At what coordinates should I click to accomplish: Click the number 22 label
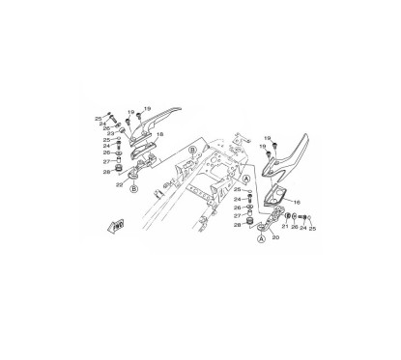click(119, 181)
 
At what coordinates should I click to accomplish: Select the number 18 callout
click(159, 134)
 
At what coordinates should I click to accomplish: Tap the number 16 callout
click(297, 204)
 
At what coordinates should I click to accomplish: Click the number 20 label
click(275, 235)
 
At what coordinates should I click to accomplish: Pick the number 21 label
click(284, 230)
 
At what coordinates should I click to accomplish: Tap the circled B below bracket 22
click(133, 190)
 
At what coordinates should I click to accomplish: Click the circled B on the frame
click(192, 152)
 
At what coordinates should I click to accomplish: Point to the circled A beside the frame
click(246, 179)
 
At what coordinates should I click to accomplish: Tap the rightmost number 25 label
click(313, 230)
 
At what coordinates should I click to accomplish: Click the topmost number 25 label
click(98, 118)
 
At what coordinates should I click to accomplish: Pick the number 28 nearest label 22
click(106, 173)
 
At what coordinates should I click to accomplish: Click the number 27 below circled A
click(236, 215)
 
